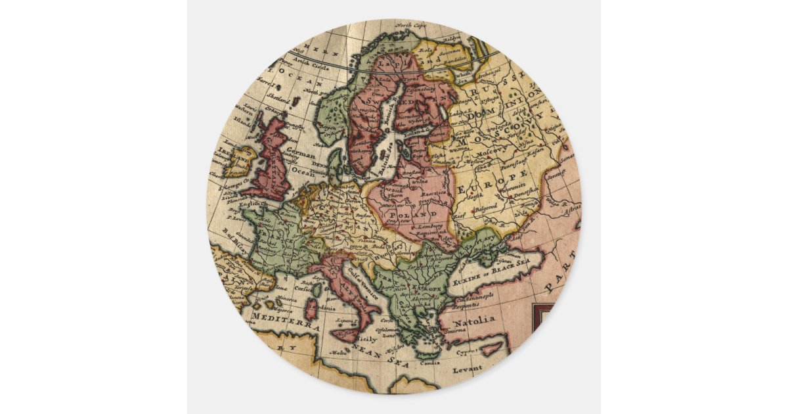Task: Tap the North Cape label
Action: coord(412,26)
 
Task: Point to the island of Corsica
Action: coord(317,288)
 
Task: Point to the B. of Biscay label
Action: coord(234,232)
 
